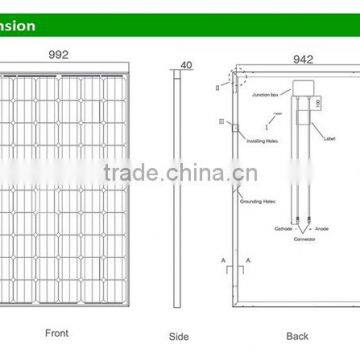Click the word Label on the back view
point(332,138)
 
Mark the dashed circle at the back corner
point(238,75)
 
